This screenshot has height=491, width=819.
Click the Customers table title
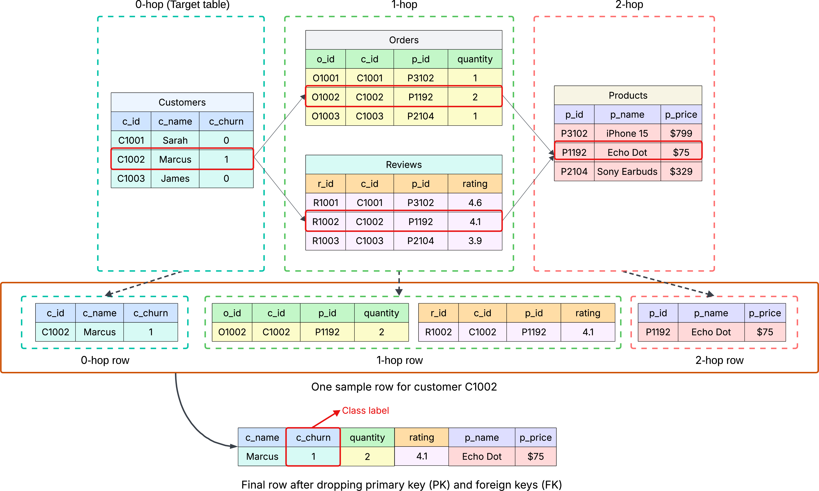(182, 102)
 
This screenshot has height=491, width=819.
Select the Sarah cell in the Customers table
(175, 140)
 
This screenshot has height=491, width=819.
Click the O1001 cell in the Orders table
(326, 78)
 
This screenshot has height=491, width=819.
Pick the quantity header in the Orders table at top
(475, 59)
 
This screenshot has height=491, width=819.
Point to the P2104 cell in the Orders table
(421, 116)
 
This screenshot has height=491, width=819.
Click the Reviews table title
(404, 165)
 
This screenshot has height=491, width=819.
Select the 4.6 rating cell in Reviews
(475, 203)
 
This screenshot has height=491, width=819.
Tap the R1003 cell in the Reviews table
(326, 241)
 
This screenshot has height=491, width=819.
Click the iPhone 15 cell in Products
(627, 133)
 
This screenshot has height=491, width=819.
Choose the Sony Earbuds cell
(627, 171)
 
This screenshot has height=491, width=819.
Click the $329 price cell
(681, 171)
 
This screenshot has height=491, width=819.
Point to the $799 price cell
(681, 133)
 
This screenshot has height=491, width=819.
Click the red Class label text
(365, 411)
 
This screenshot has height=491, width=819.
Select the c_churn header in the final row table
(313, 437)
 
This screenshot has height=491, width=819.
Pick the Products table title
(628, 95)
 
